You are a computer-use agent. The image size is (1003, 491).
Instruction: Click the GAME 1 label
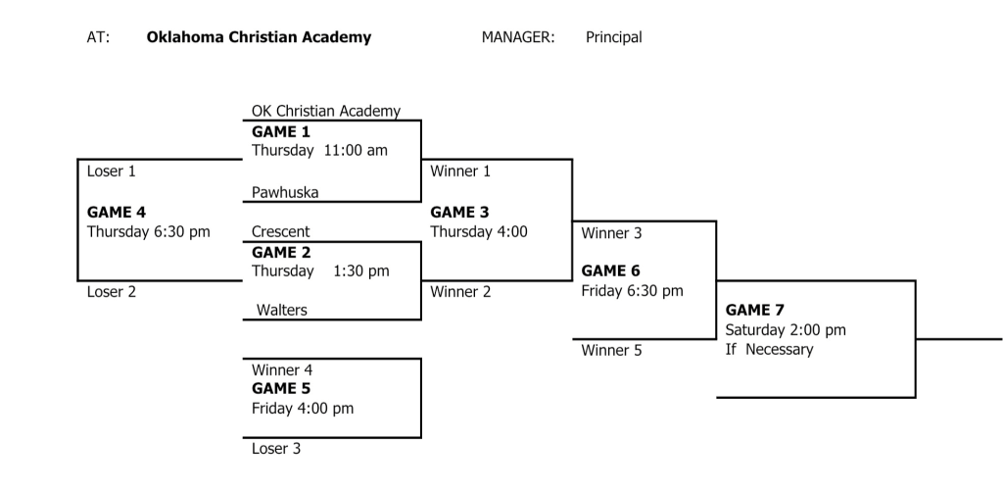click(281, 132)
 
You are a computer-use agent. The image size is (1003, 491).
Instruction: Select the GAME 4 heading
click(117, 212)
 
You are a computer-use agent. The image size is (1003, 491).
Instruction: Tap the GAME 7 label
click(754, 310)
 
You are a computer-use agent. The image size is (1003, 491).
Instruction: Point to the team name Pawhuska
click(285, 192)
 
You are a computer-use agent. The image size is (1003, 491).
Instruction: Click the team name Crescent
click(280, 231)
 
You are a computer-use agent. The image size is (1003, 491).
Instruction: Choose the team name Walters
click(281, 310)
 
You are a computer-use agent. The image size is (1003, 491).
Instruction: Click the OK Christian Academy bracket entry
click(326, 112)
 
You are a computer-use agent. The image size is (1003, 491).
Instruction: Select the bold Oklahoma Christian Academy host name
click(259, 37)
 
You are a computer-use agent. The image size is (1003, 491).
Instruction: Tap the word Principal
click(614, 37)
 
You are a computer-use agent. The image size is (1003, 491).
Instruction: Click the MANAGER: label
click(518, 37)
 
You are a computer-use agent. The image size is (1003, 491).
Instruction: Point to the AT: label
click(99, 37)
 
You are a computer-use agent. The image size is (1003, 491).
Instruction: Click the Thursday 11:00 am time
click(320, 151)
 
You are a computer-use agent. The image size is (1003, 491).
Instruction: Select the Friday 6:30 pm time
click(632, 291)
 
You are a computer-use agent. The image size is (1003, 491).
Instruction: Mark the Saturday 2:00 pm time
click(786, 330)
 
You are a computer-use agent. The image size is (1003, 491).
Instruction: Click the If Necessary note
click(769, 350)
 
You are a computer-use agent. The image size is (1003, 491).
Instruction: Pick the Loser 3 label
click(276, 449)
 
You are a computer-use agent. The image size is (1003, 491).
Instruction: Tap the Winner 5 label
click(611, 350)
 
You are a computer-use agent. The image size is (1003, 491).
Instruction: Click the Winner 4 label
click(282, 370)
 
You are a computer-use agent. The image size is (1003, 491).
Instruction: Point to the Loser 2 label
click(112, 292)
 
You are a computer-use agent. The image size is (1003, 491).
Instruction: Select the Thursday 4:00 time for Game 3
click(478, 231)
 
